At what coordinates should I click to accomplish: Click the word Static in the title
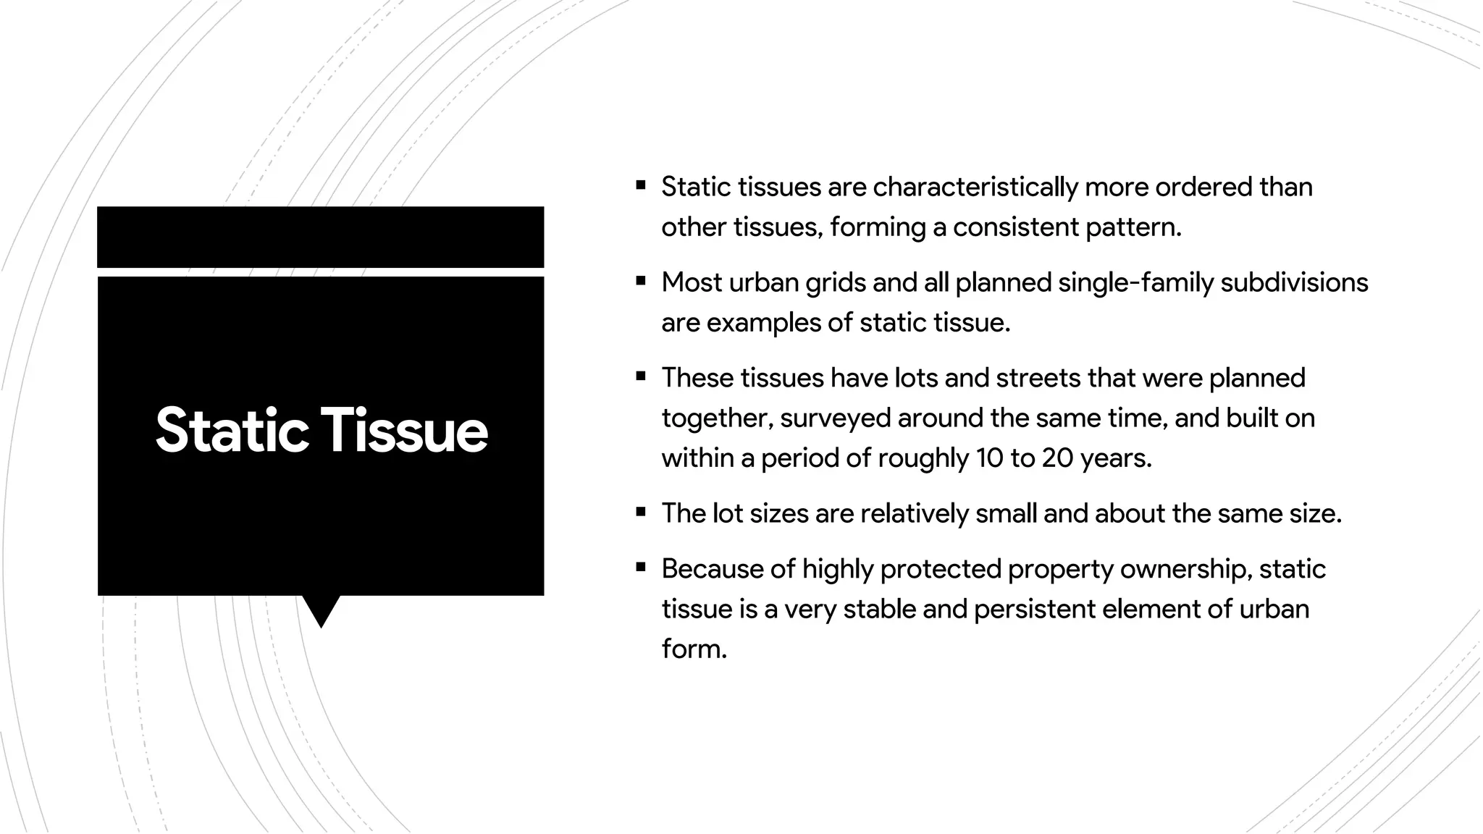232,431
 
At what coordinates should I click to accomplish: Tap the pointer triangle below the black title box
321,610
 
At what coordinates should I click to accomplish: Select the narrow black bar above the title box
320,237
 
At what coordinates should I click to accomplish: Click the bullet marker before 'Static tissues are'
641,185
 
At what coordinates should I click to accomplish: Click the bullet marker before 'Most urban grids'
641,281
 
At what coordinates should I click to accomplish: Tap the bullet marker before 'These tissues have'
641,376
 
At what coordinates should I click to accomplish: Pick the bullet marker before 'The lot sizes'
641,512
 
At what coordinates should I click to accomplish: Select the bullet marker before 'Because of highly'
641,568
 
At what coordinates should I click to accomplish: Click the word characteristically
975,188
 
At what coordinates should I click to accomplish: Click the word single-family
1135,283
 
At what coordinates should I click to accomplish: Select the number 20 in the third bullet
1057,458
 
